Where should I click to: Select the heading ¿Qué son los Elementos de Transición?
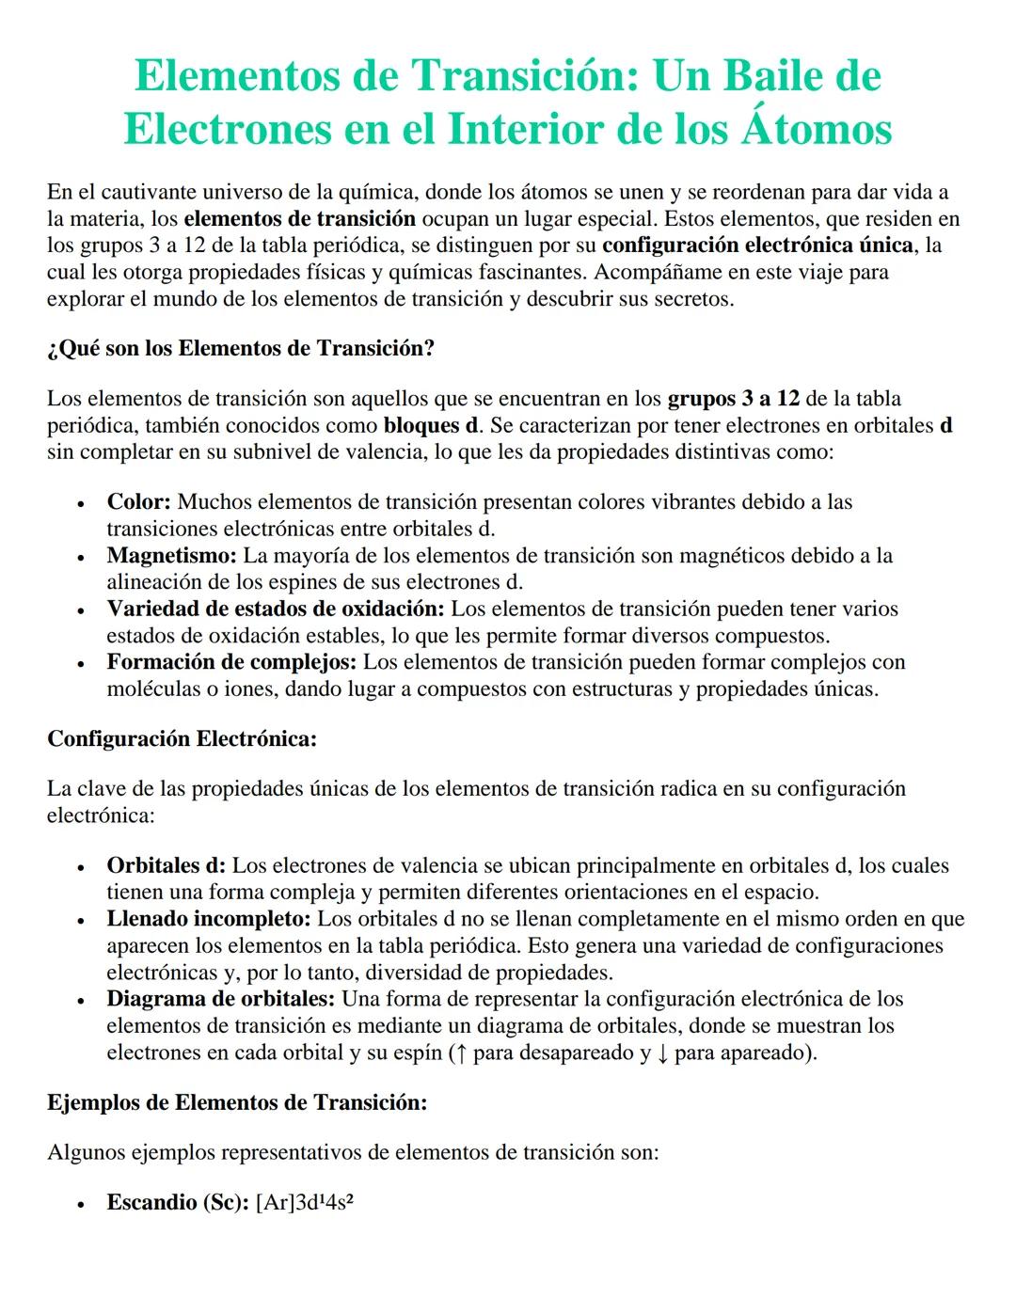(241, 349)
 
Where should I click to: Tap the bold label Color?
(138, 502)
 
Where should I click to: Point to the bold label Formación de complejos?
(231, 662)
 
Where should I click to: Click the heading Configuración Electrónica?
(182, 739)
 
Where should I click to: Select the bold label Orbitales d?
(166, 866)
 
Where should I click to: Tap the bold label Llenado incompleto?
(209, 919)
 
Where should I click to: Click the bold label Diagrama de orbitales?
(221, 999)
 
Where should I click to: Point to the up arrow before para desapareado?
(459, 1053)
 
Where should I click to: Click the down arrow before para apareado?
(662, 1053)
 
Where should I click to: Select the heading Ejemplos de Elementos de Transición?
(237, 1103)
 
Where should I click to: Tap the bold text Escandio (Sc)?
(178, 1203)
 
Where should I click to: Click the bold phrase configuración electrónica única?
(757, 246)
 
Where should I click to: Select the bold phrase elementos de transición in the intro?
(300, 220)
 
